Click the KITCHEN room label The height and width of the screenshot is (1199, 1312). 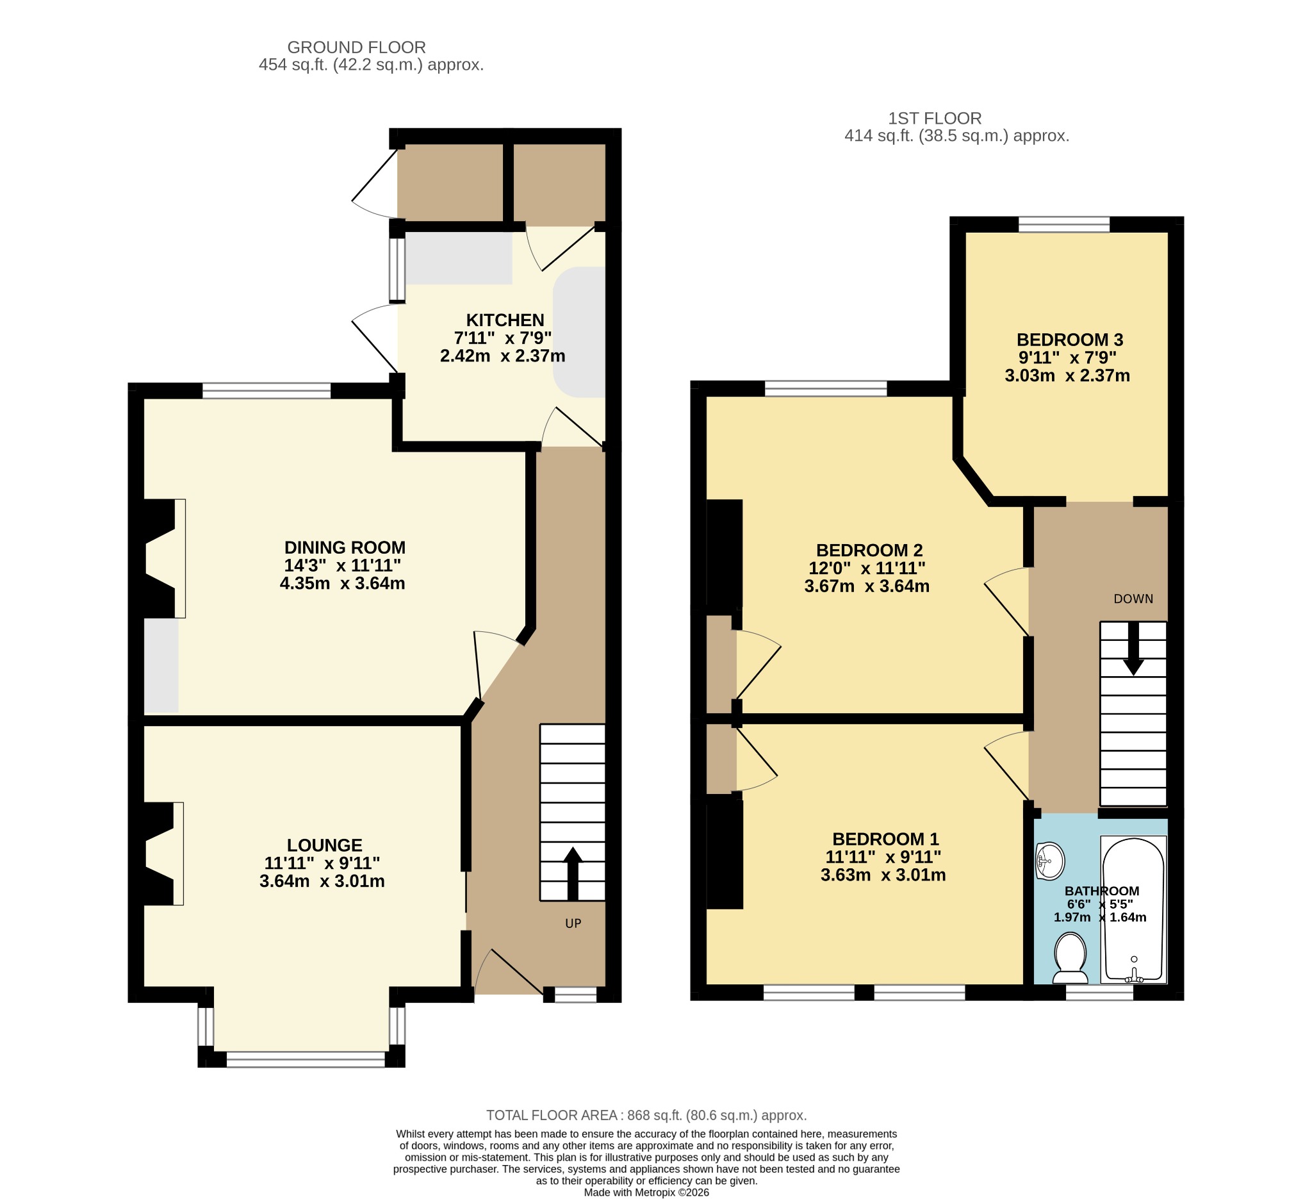505,320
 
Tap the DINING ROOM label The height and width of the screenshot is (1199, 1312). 345,547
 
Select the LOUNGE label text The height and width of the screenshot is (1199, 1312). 324,845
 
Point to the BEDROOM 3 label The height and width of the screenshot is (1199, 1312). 1070,340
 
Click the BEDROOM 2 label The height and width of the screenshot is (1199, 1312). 869,550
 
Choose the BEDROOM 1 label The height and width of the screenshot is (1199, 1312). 885,839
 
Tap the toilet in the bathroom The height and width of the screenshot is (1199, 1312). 1070,958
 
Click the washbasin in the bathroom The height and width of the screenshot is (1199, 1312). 1049,861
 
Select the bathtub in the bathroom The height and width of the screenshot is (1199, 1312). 1134,910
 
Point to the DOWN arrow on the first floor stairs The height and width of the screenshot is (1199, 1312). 1134,649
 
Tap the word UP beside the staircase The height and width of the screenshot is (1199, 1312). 573,923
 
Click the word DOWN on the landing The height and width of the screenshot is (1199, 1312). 1133,599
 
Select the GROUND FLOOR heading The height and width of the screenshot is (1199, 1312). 357,47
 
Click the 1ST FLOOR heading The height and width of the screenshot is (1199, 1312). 935,119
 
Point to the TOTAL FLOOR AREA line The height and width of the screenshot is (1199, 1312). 646,1115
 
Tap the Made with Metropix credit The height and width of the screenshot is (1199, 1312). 646,1193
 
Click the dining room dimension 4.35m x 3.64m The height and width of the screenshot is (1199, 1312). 342,583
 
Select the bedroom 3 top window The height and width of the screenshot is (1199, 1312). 1064,224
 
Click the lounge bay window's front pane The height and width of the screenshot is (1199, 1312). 306,1059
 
